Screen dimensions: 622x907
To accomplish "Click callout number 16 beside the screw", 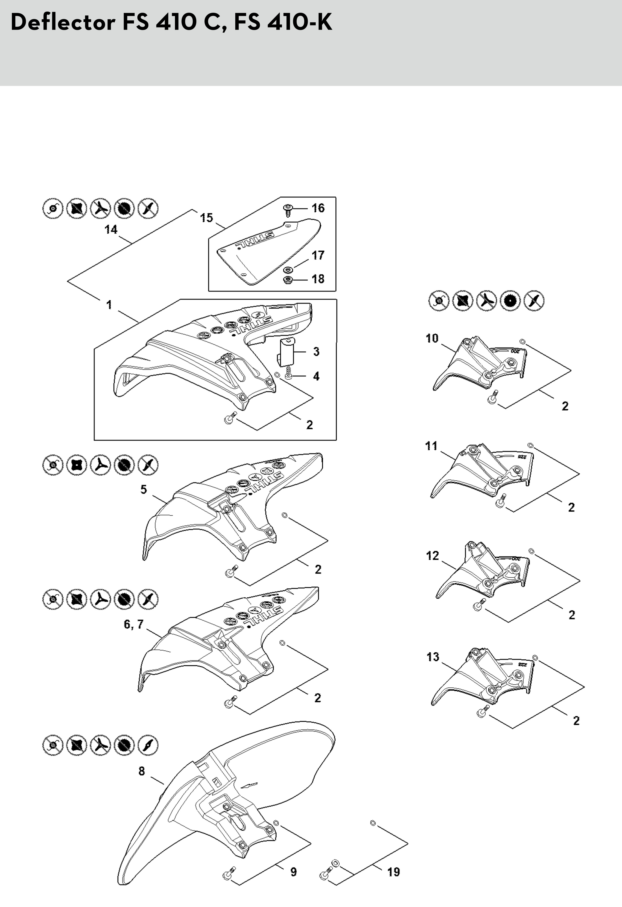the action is pos(318,208).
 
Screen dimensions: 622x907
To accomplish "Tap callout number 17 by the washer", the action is pos(318,255).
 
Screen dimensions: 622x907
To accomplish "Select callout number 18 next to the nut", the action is pos(318,279).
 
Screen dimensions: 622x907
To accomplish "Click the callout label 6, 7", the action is pos(134,624).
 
